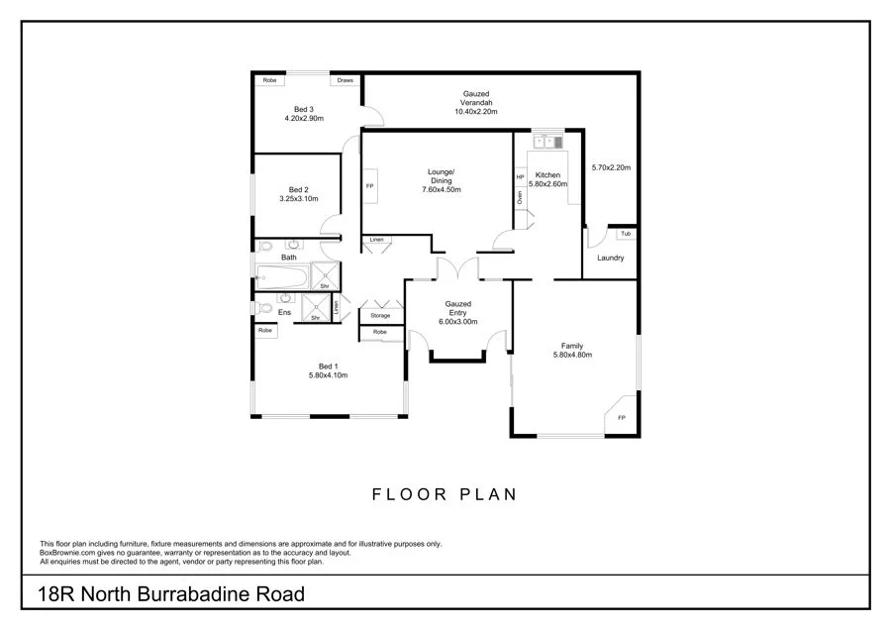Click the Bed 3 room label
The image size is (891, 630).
click(x=304, y=109)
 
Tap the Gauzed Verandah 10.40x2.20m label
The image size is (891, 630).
click(x=475, y=103)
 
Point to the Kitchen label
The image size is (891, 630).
click(x=546, y=175)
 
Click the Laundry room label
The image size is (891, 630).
click(x=610, y=259)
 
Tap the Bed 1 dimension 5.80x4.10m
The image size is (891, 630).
click(x=327, y=375)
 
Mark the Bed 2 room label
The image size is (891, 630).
click(x=299, y=189)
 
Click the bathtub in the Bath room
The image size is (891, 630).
click(x=281, y=274)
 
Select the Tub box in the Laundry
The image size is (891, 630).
click(x=625, y=234)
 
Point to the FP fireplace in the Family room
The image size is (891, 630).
click(x=622, y=418)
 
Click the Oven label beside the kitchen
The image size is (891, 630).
click(x=520, y=196)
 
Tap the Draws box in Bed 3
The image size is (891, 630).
click(x=345, y=80)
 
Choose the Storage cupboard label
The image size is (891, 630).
click(x=380, y=315)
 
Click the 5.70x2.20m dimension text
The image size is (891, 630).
click(x=610, y=167)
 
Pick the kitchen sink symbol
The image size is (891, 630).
click(x=545, y=142)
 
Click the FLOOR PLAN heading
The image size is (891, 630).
click(x=445, y=492)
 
